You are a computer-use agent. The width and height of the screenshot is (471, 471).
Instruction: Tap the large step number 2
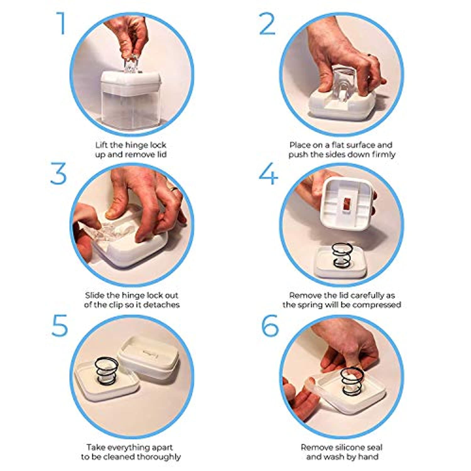pyautogui.click(x=268, y=24)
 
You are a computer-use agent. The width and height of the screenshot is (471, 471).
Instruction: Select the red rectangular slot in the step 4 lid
pyautogui.click(x=347, y=204)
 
